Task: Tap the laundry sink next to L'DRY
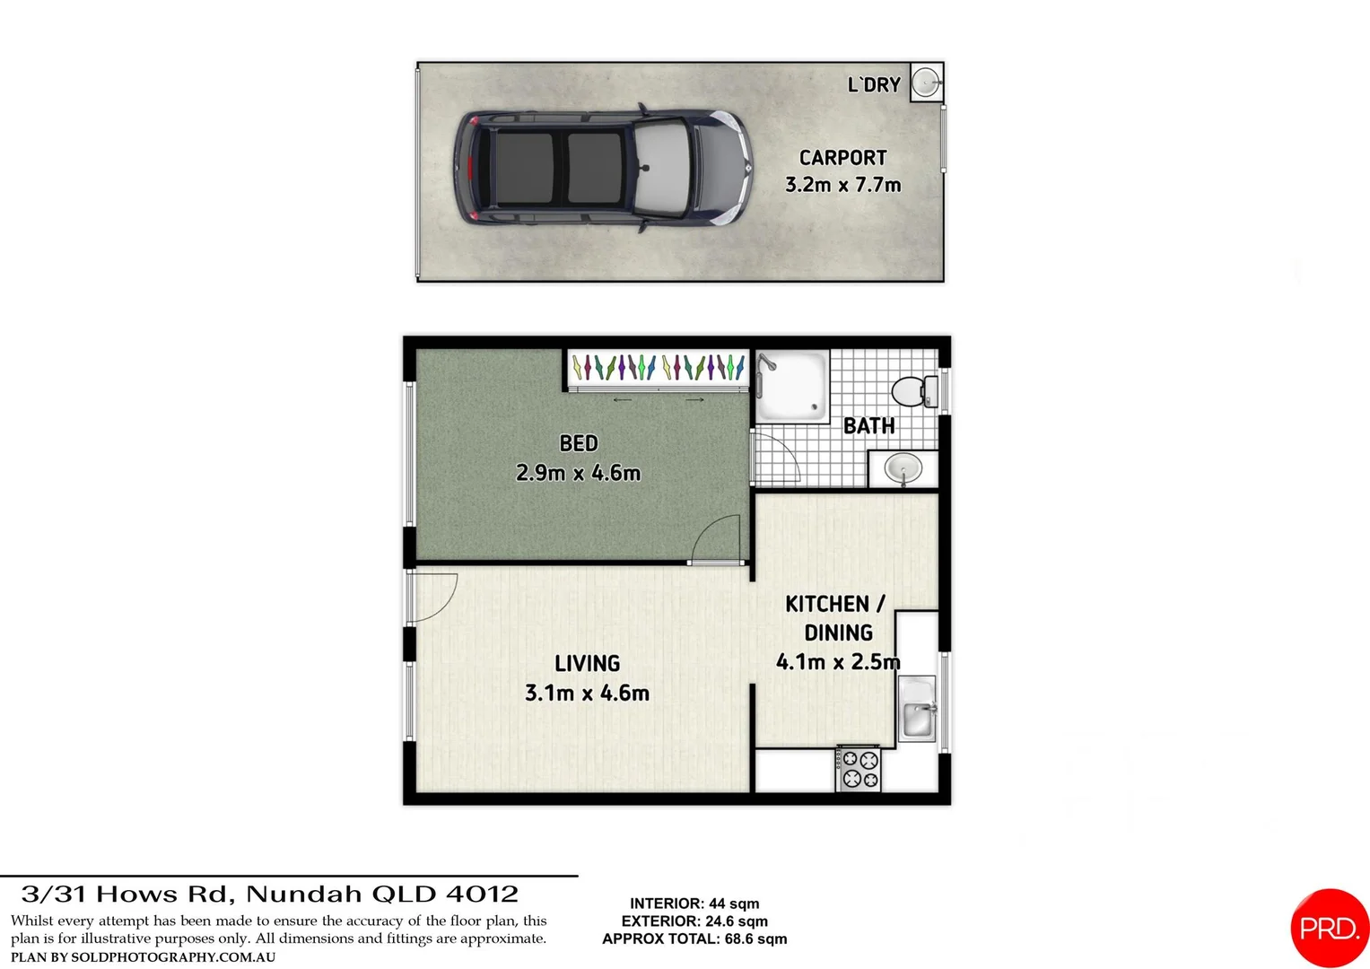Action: click(x=926, y=83)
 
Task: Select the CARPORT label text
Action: click(x=842, y=158)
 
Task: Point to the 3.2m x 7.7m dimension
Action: click(x=842, y=185)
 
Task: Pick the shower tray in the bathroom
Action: click(x=791, y=386)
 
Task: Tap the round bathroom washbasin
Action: click(x=903, y=468)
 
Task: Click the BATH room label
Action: click(x=868, y=426)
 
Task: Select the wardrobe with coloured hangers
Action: click(x=659, y=367)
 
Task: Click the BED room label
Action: click(x=579, y=443)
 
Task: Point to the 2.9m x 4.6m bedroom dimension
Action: click(x=579, y=473)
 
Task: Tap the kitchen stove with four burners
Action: click(x=859, y=769)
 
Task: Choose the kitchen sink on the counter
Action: click(x=917, y=709)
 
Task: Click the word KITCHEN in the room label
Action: click(x=827, y=604)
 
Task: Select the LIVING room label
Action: click(x=587, y=664)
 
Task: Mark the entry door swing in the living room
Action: click(x=432, y=596)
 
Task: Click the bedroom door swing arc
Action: click(x=718, y=538)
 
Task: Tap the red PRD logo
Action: click(x=1330, y=928)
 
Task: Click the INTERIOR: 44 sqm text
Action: click(x=694, y=904)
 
